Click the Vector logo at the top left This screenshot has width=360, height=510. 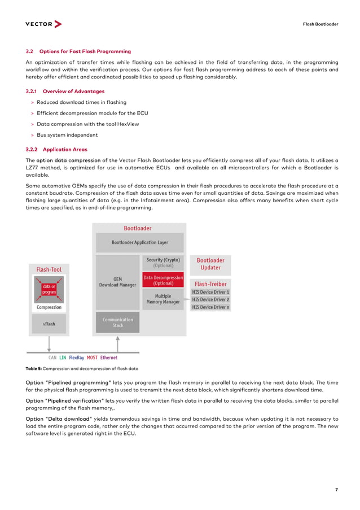click(43, 24)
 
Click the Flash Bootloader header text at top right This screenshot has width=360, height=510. click(320, 24)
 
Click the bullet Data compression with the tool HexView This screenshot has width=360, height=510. click(87, 124)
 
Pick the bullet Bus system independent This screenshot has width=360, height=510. click(67, 135)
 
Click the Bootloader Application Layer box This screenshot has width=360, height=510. click(139, 242)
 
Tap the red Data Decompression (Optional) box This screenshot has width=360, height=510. click(163, 280)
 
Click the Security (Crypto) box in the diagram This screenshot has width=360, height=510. click(163, 262)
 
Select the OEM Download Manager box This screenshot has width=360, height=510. click(117, 282)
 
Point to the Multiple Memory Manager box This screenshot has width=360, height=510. click(163, 299)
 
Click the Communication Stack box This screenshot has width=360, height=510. click(117, 322)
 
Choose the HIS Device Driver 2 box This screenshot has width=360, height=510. click(210, 299)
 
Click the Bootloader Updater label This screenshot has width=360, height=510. click(210, 264)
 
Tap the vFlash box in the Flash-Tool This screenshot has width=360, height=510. click(49, 324)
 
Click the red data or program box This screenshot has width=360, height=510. click(49, 290)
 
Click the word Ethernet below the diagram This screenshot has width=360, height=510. click(109, 358)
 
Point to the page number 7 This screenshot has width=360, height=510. click(336, 490)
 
